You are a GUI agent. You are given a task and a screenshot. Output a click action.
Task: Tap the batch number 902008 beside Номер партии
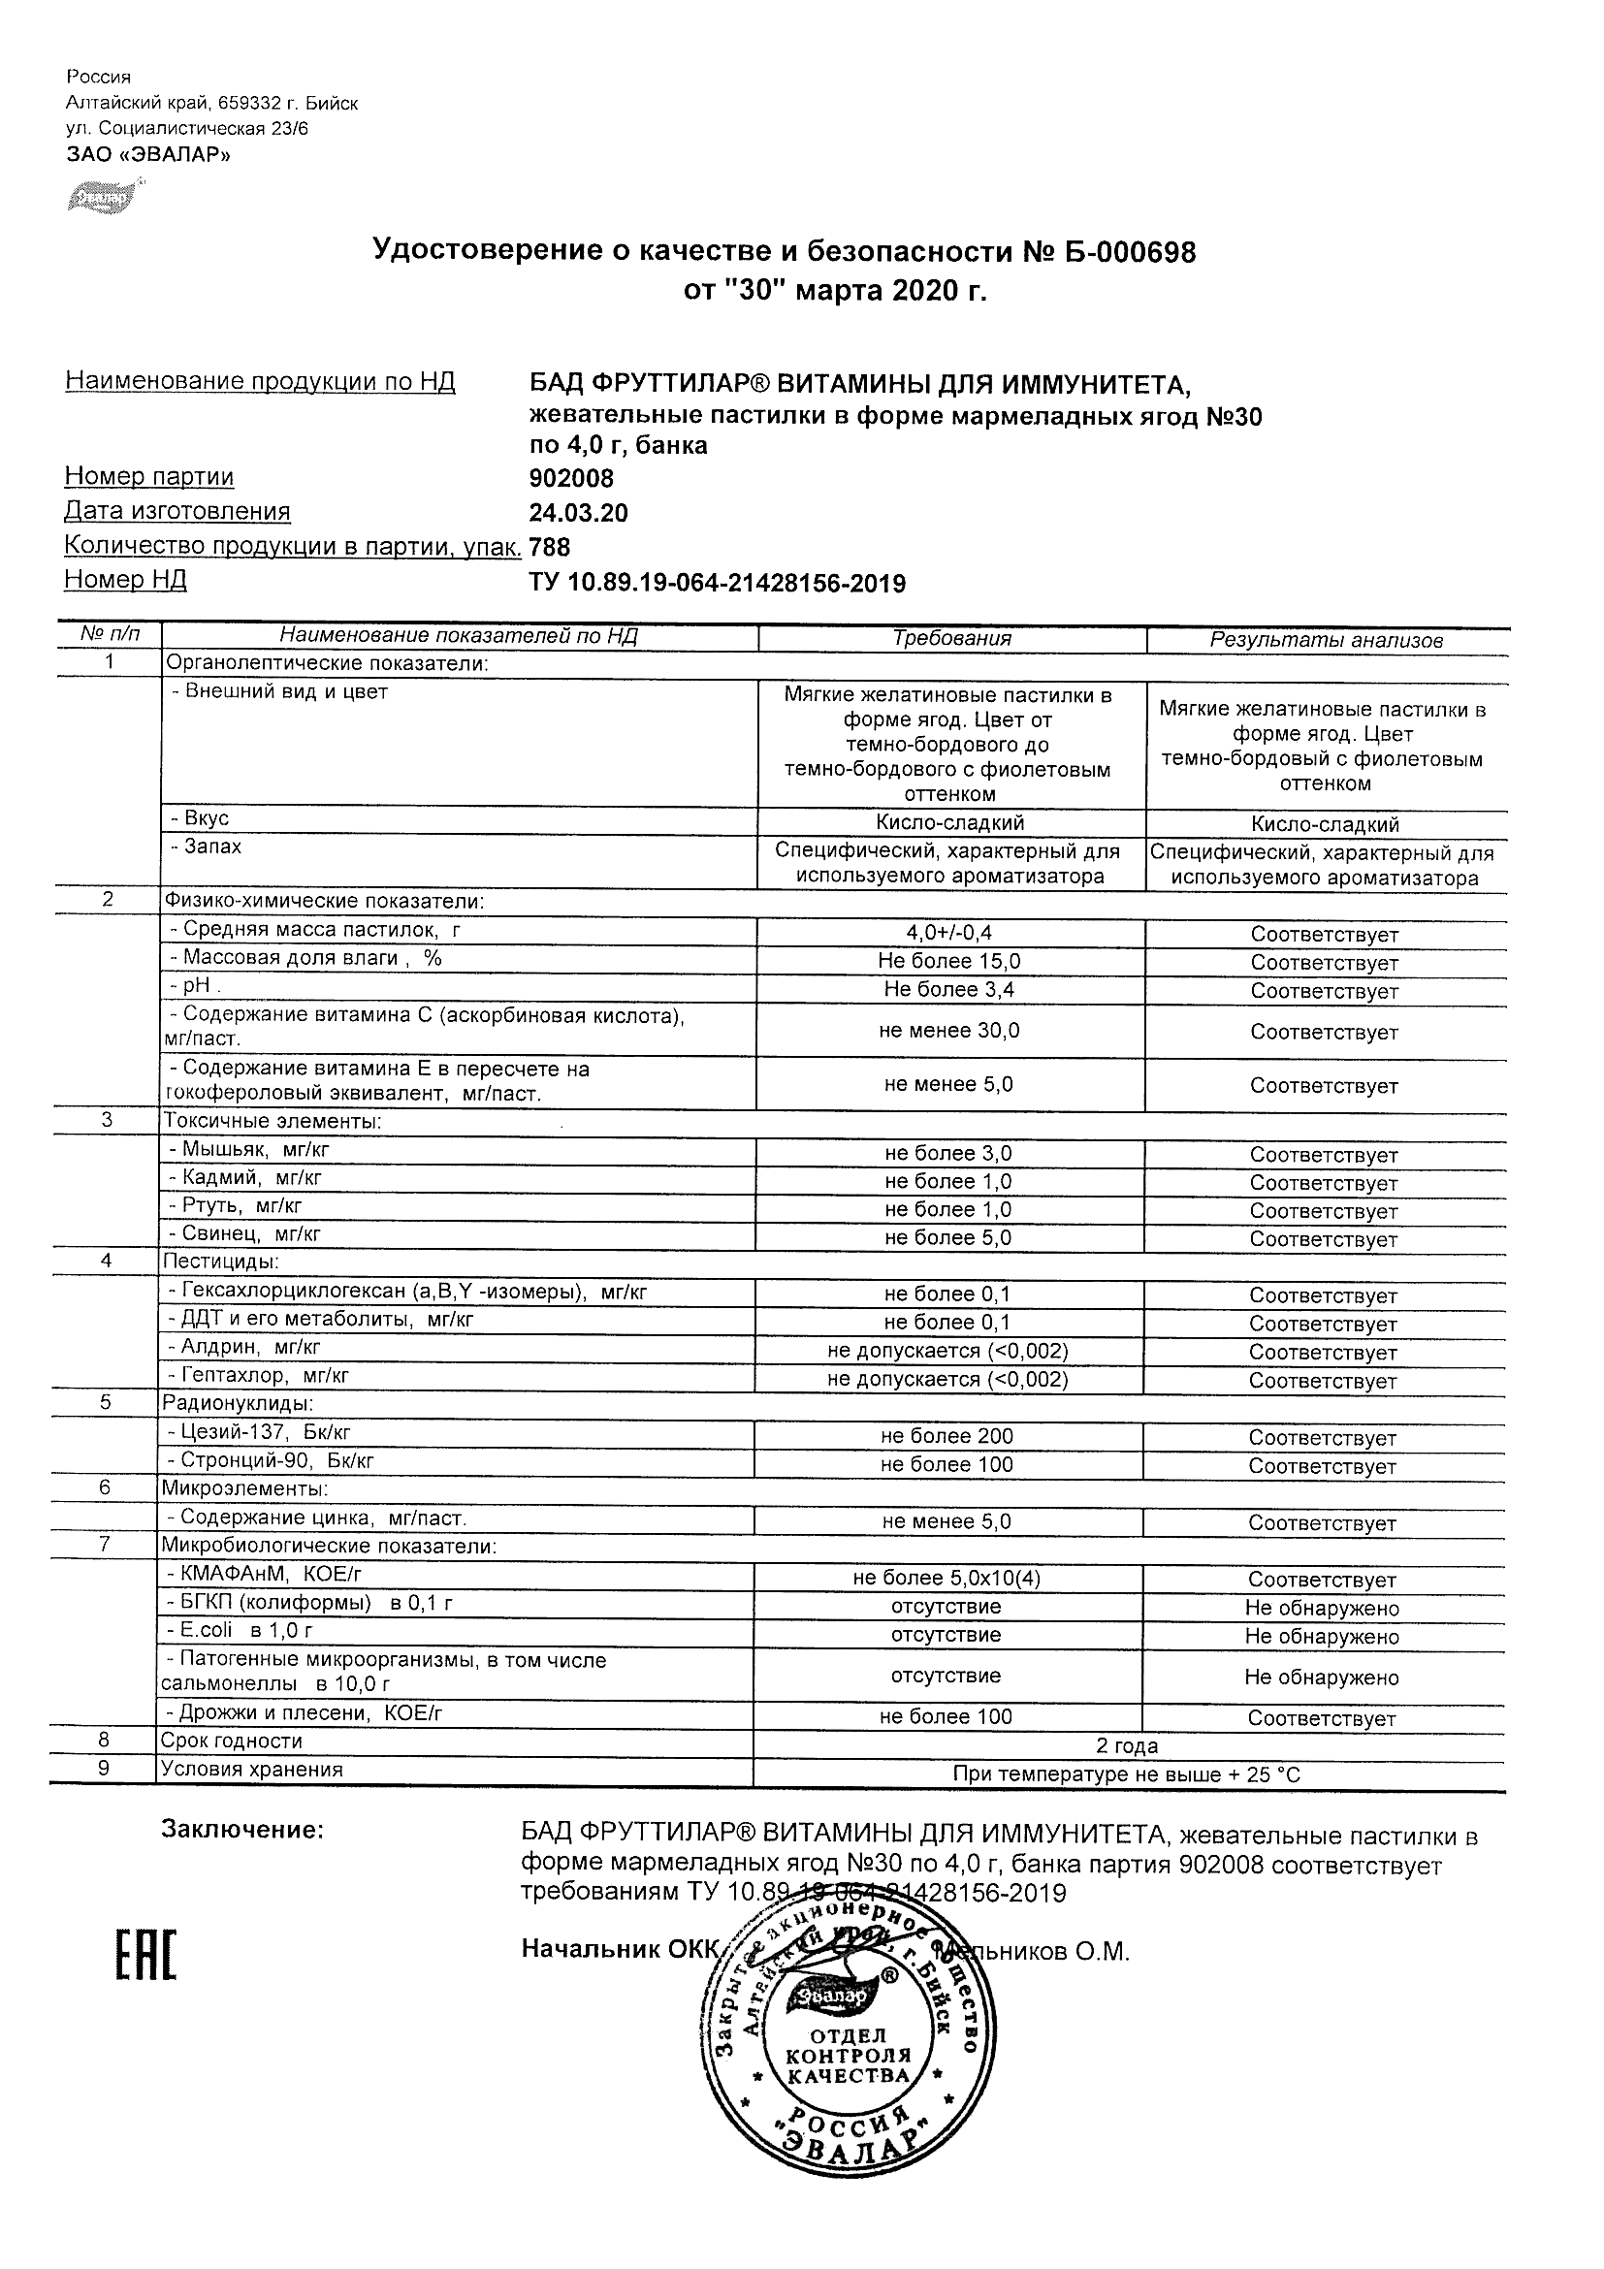[571, 479]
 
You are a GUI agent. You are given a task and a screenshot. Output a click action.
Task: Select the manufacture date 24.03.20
[578, 513]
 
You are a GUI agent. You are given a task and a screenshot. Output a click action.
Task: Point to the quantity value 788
[551, 547]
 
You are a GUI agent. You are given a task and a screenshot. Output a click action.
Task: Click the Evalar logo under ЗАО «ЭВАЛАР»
[102, 197]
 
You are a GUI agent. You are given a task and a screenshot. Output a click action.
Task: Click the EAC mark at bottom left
[146, 1954]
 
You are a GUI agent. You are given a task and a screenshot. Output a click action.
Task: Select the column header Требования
[950, 638]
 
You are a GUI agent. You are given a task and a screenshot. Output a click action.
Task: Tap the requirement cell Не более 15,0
[948, 961]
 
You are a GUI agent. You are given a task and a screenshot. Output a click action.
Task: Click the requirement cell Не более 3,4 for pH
[948, 989]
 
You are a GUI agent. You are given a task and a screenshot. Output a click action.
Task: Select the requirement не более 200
[946, 1436]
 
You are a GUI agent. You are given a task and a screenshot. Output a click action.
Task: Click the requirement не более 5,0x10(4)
[946, 1579]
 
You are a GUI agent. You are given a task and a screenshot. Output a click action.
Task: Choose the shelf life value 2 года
[1127, 1746]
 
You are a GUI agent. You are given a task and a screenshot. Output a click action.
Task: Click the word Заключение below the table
[242, 1830]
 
